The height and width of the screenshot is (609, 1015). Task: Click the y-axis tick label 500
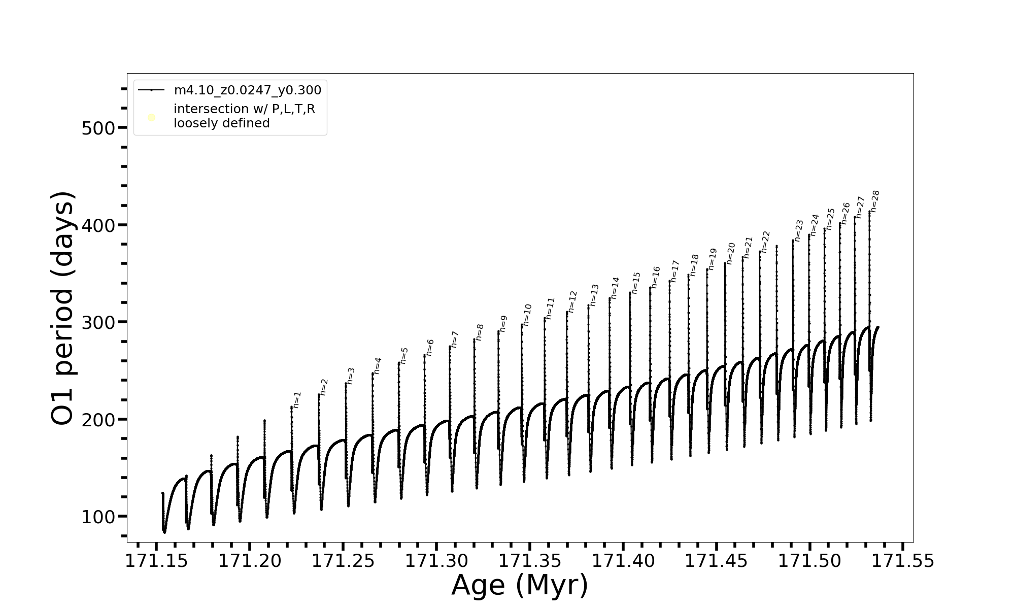click(x=98, y=128)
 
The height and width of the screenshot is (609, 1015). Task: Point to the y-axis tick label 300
click(x=98, y=322)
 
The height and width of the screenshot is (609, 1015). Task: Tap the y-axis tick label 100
click(x=98, y=517)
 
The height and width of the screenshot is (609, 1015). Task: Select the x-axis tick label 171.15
click(x=156, y=561)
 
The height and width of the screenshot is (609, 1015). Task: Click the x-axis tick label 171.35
click(x=530, y=561)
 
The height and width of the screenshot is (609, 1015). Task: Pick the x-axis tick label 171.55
click(x=902, y=561)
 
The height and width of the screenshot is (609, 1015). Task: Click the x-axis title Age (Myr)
click(x=520, y=585)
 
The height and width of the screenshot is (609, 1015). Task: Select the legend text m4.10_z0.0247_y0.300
click(x=248, y=90)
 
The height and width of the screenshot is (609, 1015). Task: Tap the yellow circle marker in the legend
click(x=151, y=118)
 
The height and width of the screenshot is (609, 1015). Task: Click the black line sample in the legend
click(x=151, y=90)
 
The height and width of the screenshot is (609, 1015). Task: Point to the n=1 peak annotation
click(x=297, y=399)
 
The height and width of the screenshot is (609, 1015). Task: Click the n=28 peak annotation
click(x=875, y=201)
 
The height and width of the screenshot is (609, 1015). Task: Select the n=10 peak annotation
click(x=527, y=315)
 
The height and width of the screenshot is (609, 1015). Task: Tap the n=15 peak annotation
click(x=636, y=283)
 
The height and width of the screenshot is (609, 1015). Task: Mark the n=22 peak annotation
click(x=766, y=242)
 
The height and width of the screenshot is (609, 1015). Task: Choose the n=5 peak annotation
click(x=404, y=355)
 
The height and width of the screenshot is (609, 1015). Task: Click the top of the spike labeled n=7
click(x=450, y=347)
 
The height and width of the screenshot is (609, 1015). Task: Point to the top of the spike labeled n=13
click(x=589, y=305)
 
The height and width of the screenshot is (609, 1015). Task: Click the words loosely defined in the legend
click(x=222, y=123)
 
